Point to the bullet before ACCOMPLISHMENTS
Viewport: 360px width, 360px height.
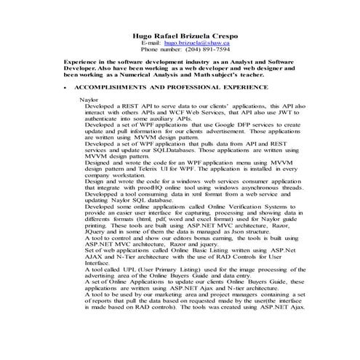tap(65, 87)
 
